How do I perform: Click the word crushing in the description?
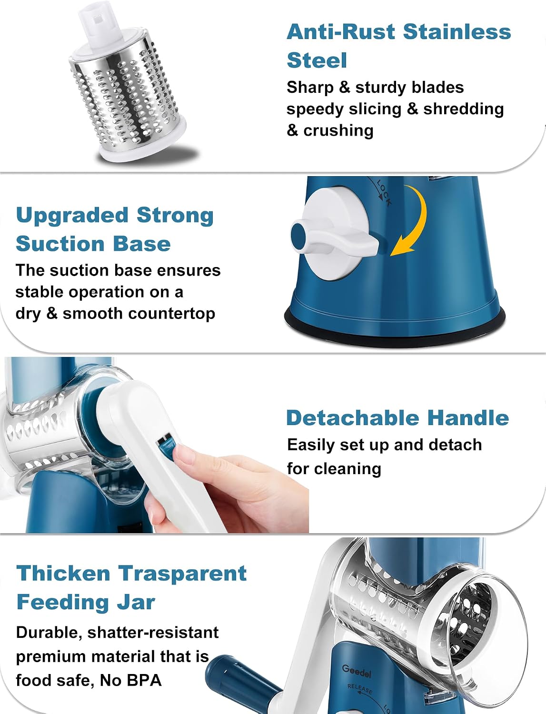[338, 131]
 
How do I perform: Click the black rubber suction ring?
[395, 328]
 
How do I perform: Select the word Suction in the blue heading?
[60, 244]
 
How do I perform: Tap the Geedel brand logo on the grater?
[357, 671]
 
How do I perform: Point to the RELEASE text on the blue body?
[360, 689]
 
